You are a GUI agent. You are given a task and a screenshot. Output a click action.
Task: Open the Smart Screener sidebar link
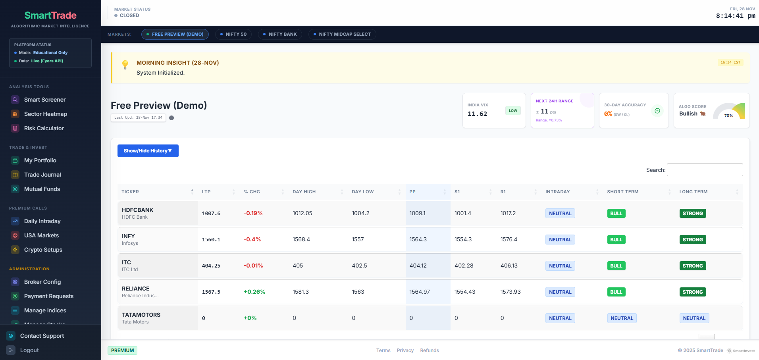point(44,100)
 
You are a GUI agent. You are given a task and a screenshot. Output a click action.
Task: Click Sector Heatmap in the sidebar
point(45,114)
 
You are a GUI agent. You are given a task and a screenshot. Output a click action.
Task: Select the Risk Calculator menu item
point(44,128)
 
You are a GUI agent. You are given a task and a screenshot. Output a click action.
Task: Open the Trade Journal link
point(42,175)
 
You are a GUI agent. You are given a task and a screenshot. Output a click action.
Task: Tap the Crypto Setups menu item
point(43,250)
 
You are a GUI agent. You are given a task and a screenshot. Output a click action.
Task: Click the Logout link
point(29,350)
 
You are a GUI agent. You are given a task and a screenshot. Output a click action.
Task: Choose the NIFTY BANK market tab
point(280,34)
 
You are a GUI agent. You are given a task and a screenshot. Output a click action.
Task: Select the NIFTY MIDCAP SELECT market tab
point(342,34)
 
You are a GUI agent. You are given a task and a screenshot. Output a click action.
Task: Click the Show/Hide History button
point(148,151)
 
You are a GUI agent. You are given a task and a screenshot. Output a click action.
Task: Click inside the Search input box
point(705,170)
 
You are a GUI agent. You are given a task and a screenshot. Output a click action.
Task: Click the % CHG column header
point(252,192)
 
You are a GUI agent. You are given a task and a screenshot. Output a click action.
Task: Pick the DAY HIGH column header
point(304,192)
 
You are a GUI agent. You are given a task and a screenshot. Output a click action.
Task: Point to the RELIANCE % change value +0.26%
point(254,292)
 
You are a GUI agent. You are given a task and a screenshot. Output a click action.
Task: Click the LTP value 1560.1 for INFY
point(211,240)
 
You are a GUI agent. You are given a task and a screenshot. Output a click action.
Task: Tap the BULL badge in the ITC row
point(616,266)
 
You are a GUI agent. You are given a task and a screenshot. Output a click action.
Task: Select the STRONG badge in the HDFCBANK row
point(692,214)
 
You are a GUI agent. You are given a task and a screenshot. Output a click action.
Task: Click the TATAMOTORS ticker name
point(141,315)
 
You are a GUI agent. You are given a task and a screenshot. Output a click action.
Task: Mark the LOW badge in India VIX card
point(513,111)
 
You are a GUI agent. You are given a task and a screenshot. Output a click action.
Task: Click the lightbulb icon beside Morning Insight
point(125,65)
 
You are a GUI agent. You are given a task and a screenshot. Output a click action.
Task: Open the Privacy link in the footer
point(405,350)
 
